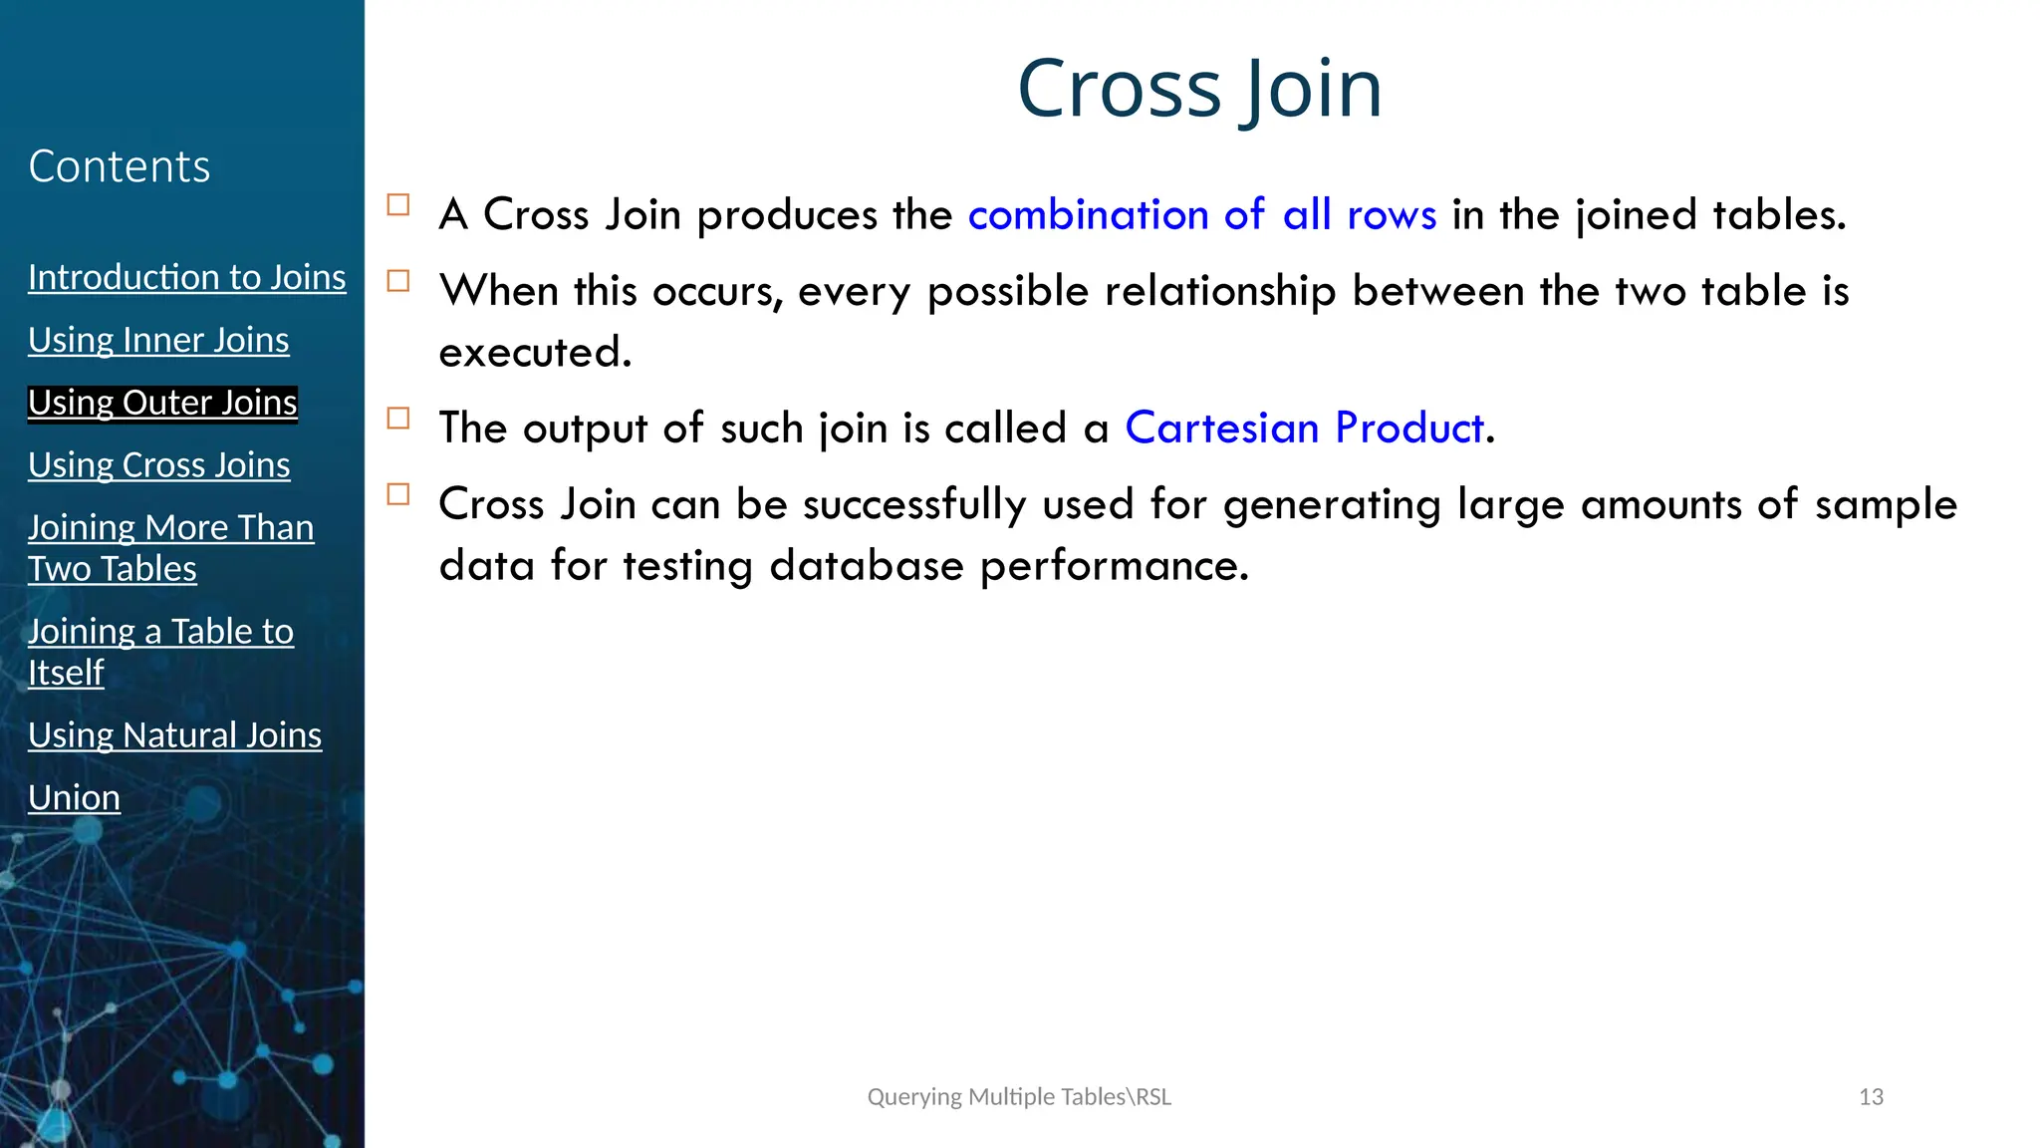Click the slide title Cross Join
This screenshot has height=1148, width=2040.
click(1199, 89)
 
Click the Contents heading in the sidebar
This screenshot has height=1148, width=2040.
click(120, 166)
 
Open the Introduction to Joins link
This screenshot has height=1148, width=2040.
click(187, 277)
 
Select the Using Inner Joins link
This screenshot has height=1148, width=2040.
click(158, 340)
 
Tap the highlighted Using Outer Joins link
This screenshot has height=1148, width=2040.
click(162, 403)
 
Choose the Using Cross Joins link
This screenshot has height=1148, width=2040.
click(159, 465)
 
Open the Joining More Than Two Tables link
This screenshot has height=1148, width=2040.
click(170, 547)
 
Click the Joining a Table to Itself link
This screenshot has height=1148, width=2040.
click(160, 651)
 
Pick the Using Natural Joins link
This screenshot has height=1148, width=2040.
click(175, 735)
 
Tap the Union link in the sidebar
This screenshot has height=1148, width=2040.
click(75, 798)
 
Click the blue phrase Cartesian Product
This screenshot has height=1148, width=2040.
click(1305, 429)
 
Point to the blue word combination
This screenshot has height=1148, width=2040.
click(1088, 215)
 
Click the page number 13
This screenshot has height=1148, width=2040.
click(1871, 1097)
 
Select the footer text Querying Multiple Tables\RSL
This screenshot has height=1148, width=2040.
click(1019, 1097)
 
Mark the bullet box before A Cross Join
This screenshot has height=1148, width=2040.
click(398, 205)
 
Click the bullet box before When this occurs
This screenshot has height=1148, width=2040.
click(398, 281)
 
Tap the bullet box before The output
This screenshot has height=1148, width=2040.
click(398, 419)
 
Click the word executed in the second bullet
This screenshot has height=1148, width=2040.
click(535, 353)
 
